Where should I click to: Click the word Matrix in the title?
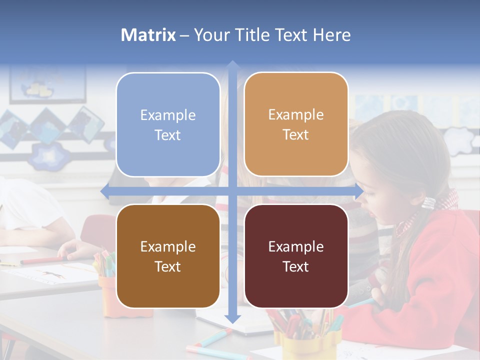pyautogui.click(x=148, y=35)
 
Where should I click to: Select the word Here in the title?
pyautogui.click(x=331, y=35)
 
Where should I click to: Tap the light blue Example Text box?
pyautogui.click(x=168, y=124)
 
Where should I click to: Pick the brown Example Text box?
pyautogui.click(x=168, y=256)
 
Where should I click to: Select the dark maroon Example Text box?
pyautogui.click(x=296, y=256)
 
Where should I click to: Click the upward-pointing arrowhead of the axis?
pyautogui.click(x=232, y=64)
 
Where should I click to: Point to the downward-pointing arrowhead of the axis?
pyautogui.click(x=232, y=318)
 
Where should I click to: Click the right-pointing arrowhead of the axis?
pyautogui.click(x=359, y=191)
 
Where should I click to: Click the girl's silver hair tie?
pyautogui.click(x=429, y=203)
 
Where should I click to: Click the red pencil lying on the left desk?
pyautogui.click(x=42, y=260)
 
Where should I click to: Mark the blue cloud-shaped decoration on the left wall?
pyautogui.click(x=50, y=155)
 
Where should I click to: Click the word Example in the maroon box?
pyautogui.click(x=296, y=246)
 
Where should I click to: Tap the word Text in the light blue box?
pyautogui.click(x=168, y=135)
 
